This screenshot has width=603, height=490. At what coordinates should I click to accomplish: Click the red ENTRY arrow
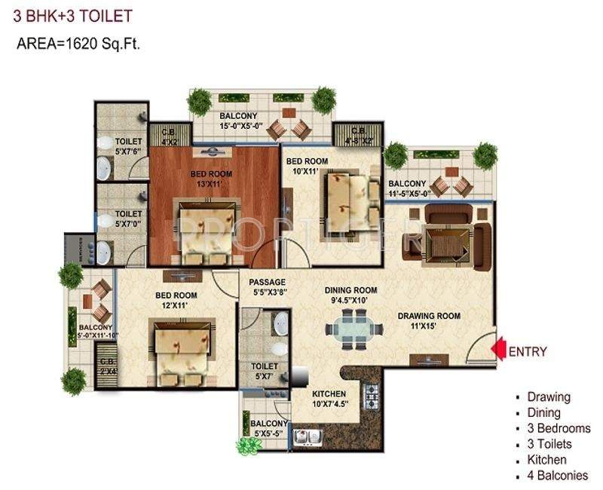point(497,350)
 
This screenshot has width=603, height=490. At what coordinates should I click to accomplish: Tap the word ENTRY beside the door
point(528,351)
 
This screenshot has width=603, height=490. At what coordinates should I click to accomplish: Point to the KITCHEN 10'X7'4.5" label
point(329,400)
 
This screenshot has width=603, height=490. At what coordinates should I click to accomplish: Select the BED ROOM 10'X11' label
point(307,166)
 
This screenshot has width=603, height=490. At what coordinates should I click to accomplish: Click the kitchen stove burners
point(371,393)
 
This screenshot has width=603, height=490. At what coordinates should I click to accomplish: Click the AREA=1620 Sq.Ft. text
point(79,44)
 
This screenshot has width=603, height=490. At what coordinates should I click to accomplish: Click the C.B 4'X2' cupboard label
point(169,136)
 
